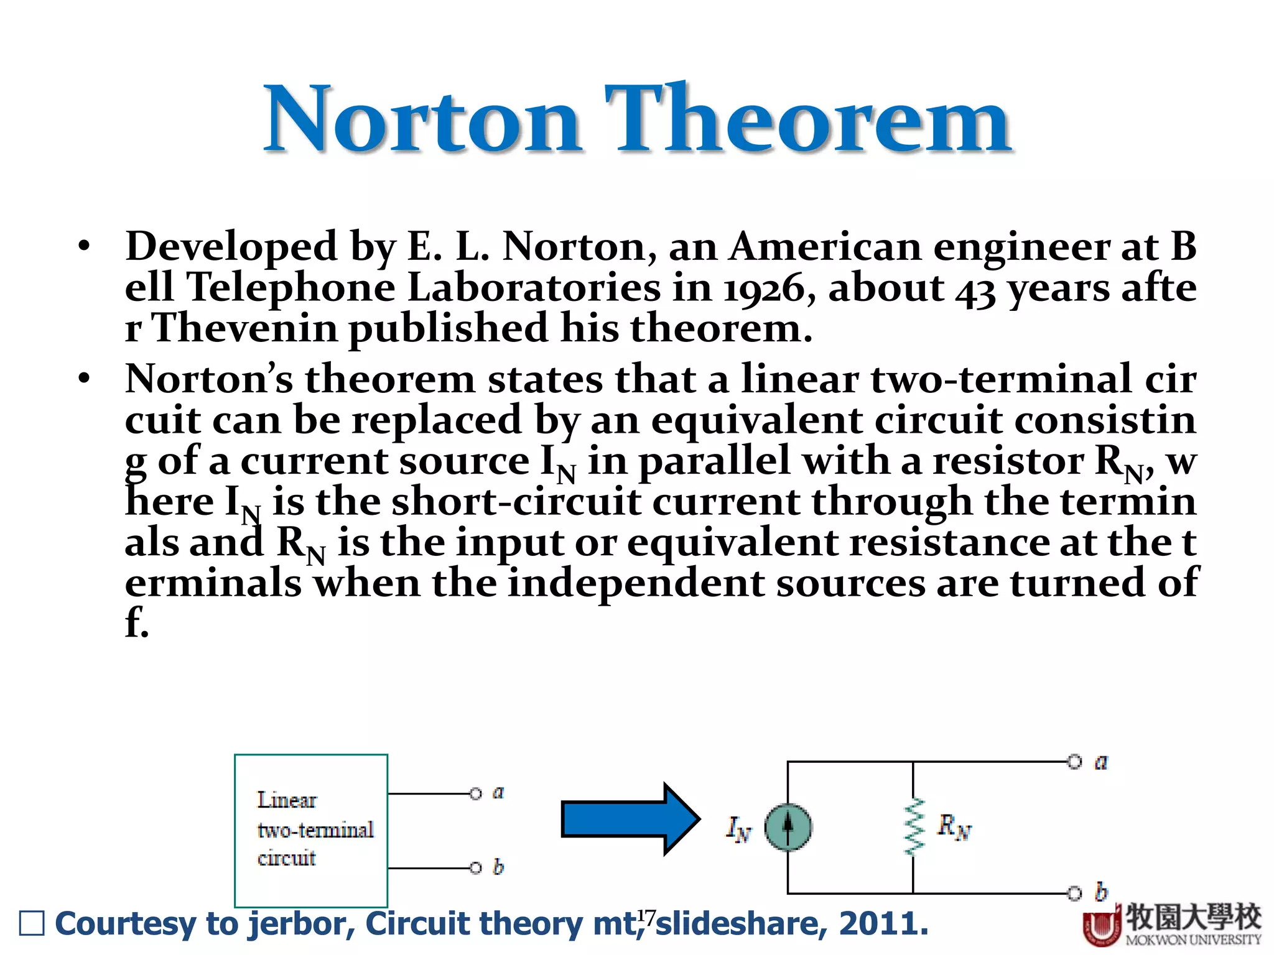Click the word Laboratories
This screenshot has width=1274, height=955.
(x=534, y=288)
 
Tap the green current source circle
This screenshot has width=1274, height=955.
(x=788, y=828)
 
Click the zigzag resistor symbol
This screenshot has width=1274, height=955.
(x=913, y=828)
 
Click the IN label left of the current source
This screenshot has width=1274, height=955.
(x=738, y=829)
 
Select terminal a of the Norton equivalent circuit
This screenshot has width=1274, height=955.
(x=1074, y=762)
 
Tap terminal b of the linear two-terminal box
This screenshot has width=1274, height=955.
(x=476, y=868)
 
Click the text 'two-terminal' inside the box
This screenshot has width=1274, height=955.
(x=315, y=830)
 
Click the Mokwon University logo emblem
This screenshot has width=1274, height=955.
(x=1102, y=927)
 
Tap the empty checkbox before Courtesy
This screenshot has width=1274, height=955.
(x=32, y=923)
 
